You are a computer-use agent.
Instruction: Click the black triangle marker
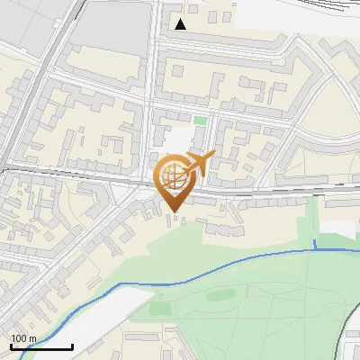181,24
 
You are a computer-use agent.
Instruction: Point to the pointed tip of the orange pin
174,211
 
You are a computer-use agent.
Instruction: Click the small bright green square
200,120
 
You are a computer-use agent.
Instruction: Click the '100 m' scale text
24,338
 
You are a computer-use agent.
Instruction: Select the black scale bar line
41,346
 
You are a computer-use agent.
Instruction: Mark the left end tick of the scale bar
11,345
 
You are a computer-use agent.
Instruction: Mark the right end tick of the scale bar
72,345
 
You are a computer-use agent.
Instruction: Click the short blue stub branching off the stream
315,245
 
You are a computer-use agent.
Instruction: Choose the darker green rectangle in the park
159,309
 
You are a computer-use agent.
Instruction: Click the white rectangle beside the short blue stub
337,229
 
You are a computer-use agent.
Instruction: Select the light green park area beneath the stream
261,306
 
